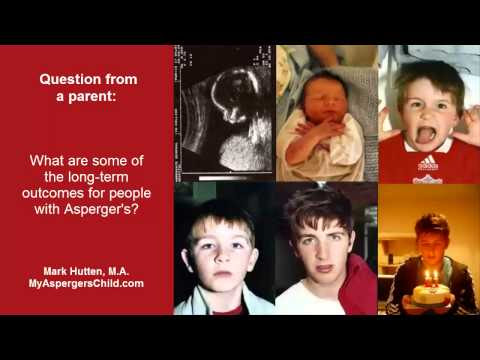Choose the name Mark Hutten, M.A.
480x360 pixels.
[x=86, y=271]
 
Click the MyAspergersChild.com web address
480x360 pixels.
[x=86, y=283]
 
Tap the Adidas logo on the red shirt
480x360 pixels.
[x=428, y=162]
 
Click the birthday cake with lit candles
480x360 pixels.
[x=430, y=292]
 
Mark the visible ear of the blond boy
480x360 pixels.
[x=187, y=263]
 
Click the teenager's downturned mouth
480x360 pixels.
[x=324, y=267]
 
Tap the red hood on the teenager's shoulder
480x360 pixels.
[x=357, y=283]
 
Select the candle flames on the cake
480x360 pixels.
[x=431, y=275]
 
